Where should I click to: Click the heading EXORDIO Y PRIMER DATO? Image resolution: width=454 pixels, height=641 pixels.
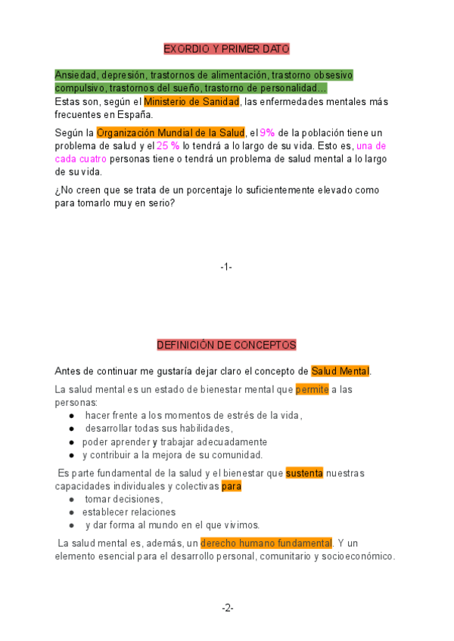tap(227, 49)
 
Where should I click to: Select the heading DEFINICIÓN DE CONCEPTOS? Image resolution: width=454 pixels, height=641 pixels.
tap(226, 345)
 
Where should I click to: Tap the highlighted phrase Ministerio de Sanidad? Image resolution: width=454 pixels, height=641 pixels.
tap(191, 101)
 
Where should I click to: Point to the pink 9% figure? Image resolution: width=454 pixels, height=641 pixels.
tap(267, 133)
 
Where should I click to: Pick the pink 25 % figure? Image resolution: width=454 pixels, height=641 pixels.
tap(168, 146)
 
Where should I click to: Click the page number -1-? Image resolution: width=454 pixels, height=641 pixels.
tap(226, 267)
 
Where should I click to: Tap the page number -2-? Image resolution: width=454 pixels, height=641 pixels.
tap(228, 608)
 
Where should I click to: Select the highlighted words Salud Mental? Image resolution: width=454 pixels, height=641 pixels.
tap(340, 371)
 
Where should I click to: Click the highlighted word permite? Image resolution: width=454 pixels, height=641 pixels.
tap(312, 390)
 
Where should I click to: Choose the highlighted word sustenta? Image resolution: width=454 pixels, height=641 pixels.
tap(304, 473)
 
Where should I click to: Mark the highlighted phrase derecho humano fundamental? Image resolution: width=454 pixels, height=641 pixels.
tap(266, 543)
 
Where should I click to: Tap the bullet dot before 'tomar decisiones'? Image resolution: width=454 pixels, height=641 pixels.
tap(71, 500)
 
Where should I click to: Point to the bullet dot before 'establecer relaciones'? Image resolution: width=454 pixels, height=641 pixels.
tap(71, 512)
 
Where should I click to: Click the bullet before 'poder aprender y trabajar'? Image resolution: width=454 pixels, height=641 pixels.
tap(71, 442)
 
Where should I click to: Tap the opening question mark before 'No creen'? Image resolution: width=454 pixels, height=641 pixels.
tap(58, 190)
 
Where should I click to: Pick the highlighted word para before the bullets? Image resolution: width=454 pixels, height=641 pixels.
tap(232, 486)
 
